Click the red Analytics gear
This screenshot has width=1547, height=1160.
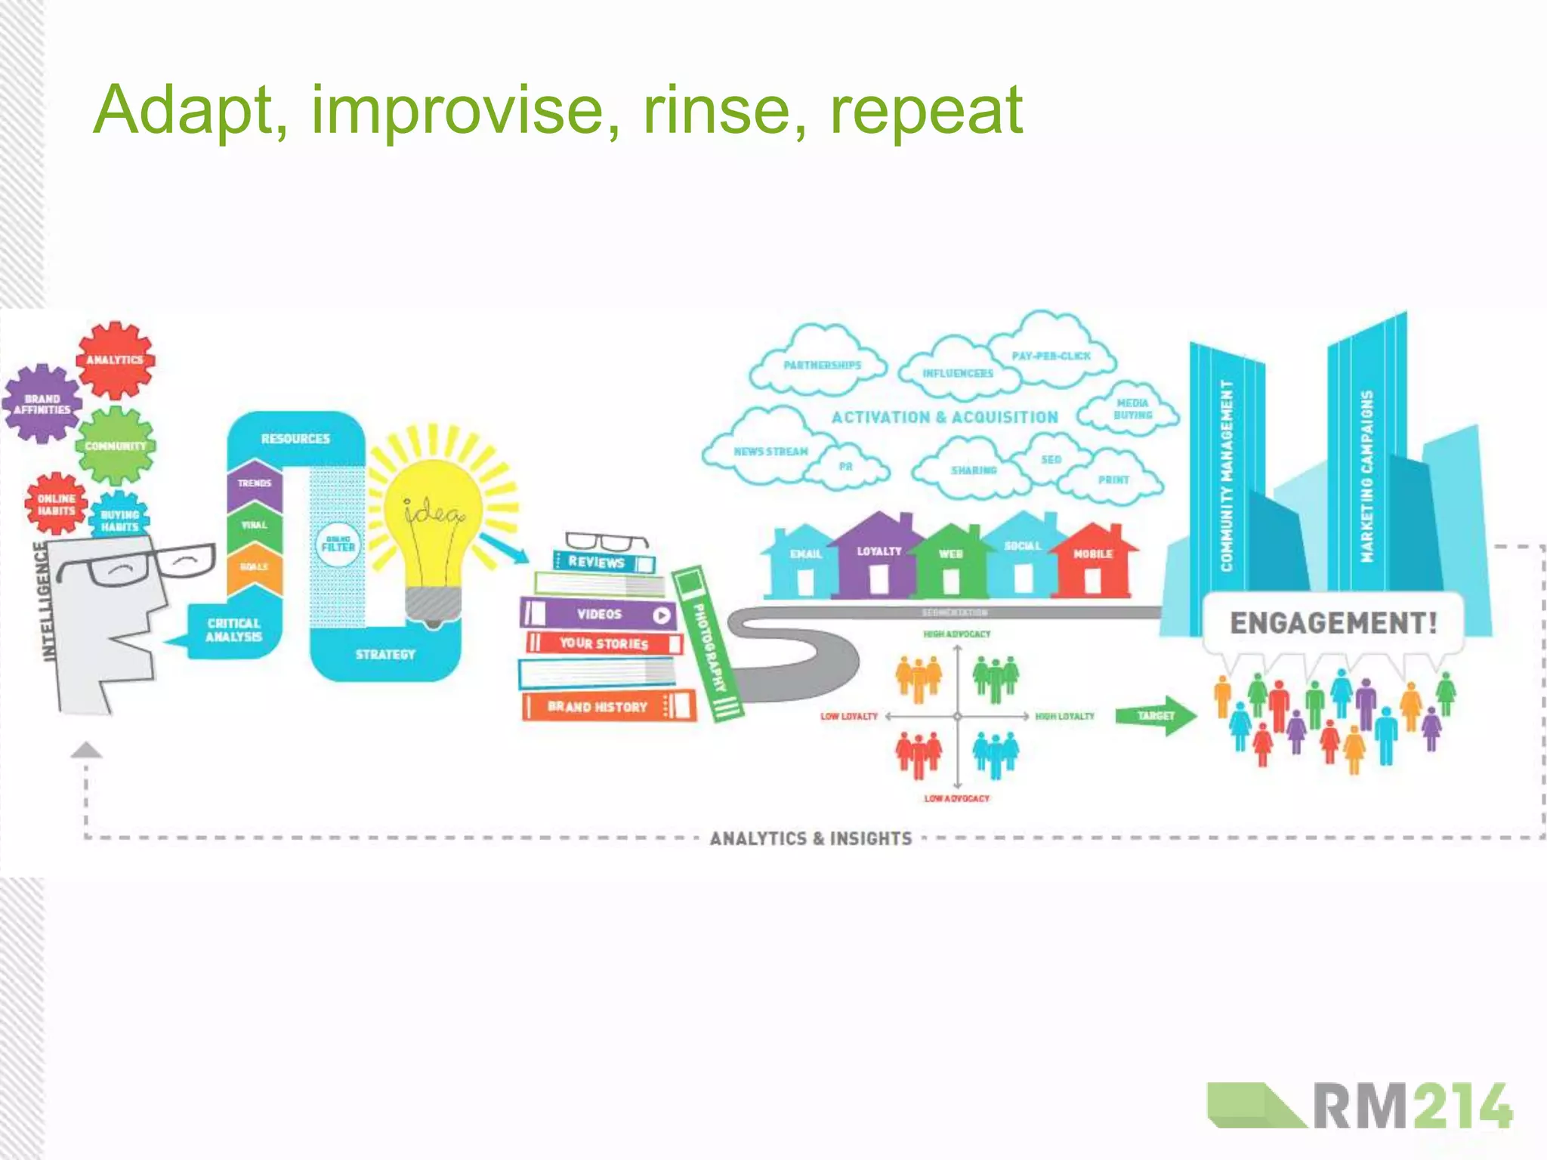click(x=115, y=360)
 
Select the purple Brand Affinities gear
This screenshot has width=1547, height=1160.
click(x=42, y=404)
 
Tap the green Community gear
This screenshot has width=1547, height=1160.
click(x=115, y=446)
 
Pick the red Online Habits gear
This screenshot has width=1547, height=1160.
click(x=57, y=504)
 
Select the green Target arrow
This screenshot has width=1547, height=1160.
click(x=1156, y=715)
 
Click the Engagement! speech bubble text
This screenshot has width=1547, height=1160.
click(x=1333, y=623)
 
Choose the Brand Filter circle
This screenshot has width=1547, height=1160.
click(x=338, y=545)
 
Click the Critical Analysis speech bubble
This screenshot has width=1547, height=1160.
click(x=233, y=631)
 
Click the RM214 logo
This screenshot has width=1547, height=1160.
click(x=1360, y=1107)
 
